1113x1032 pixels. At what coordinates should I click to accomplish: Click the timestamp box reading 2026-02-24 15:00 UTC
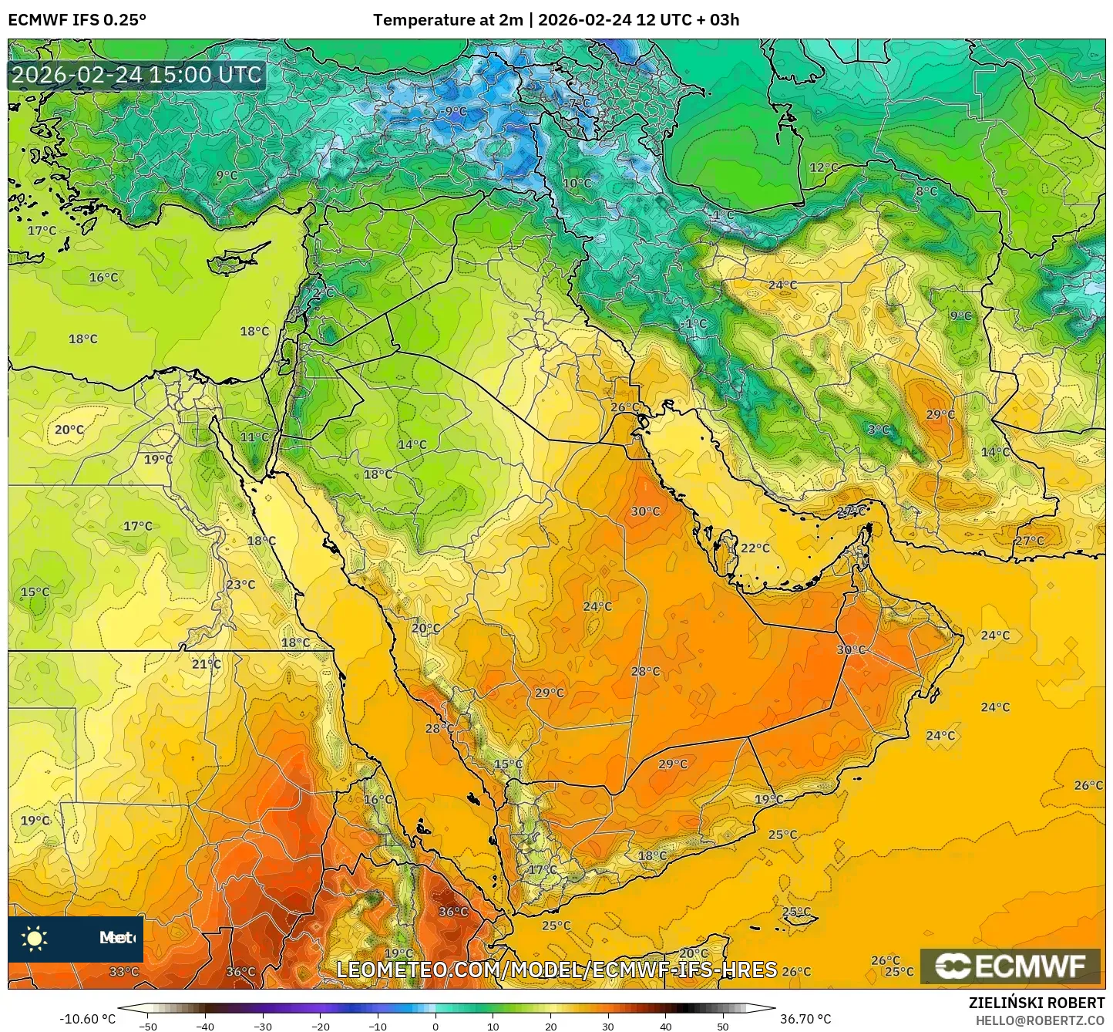tap(136, 75)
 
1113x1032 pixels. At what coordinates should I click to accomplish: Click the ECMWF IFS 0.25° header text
tap(77, 20)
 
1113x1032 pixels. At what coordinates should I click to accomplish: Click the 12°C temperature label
tap(823, 167)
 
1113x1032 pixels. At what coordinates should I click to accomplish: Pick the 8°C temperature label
tap(926, 191)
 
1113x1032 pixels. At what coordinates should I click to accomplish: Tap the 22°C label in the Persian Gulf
tap(755, 548)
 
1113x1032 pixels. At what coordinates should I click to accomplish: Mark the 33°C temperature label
tap(123, 971)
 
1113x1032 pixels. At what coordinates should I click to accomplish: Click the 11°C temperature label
tap(254, 437)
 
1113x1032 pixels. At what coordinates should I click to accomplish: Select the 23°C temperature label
tap(240, 584)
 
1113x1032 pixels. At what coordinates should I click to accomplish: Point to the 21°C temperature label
tap(206, 663)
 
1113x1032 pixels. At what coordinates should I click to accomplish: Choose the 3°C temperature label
tap(879, 430)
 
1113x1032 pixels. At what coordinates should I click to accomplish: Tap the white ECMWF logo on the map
tap(1010, 966)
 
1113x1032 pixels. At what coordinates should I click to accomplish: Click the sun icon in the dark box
tap(35, 938)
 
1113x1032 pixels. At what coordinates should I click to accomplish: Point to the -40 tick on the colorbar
tap(205, 1026)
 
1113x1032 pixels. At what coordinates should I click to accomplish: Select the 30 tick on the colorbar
tap(608, 1026)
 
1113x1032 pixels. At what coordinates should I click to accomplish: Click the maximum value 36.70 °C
tap(805, 1018)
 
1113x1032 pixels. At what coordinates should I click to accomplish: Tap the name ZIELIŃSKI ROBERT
tap(1037, 1002)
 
